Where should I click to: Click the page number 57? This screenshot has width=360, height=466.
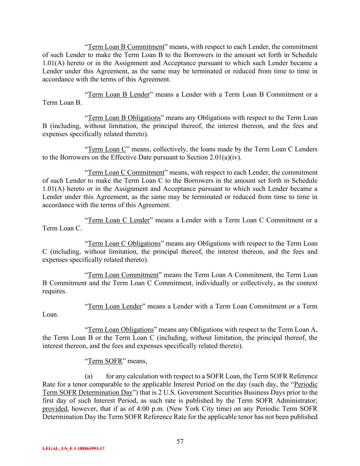(x=180, y=441)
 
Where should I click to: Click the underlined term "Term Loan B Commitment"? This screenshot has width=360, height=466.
(x=126, y=47)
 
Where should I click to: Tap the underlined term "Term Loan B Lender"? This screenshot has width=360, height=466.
(x=119, y=95)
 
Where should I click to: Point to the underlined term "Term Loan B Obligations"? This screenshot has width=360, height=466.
(x=124, y=118)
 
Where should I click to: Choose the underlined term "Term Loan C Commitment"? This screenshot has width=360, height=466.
(x=126, y=172)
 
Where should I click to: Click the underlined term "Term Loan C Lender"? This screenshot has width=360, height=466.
(x=119, y=220)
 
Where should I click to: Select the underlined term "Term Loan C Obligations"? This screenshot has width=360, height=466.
(x=124, y=243)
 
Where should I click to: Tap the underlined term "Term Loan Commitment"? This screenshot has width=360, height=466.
(x=123, y=275)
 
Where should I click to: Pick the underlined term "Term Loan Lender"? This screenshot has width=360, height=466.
(x=115, y=306)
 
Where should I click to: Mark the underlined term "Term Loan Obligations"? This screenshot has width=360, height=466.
(x=121, y=329)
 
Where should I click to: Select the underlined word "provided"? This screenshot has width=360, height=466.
(x=55, y=409)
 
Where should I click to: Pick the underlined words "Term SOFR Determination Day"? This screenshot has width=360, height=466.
(x=87, y=392)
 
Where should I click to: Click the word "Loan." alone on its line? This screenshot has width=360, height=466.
(x=50, y=314)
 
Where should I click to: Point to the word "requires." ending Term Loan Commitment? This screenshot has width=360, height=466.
(x=54, y=291)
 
